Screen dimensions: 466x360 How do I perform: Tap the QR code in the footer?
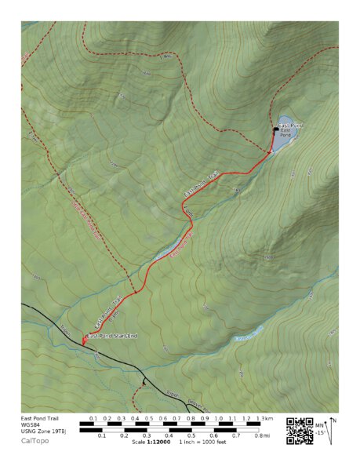coord(299,431)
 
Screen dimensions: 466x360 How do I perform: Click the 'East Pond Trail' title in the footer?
coord(41,419)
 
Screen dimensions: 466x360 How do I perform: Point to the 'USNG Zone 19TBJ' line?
coord(44,431)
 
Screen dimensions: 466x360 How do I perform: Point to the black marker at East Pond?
coord(275,128)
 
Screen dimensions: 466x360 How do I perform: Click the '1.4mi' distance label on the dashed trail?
coord(165,57)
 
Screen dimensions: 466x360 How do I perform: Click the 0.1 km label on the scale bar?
coord(93,419)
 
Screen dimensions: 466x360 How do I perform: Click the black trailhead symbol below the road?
coord(144,382)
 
